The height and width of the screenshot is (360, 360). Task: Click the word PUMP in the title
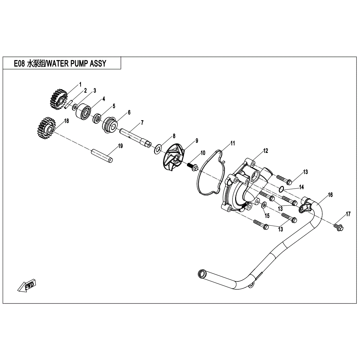[77, 63]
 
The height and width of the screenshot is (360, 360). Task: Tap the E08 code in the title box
[19, 63]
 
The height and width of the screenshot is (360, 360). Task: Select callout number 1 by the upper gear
[80, 85]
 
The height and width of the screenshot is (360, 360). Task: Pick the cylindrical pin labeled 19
[102, 156]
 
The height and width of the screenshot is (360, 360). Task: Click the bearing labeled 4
[83, 111]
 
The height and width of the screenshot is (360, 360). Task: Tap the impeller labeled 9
[174, 160]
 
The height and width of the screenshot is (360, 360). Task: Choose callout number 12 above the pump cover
[266, 151]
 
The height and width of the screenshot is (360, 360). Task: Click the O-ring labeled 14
[281, 189]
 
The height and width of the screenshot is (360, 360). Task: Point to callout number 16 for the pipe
[330, 195]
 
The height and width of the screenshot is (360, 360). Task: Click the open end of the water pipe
[201, 273]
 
